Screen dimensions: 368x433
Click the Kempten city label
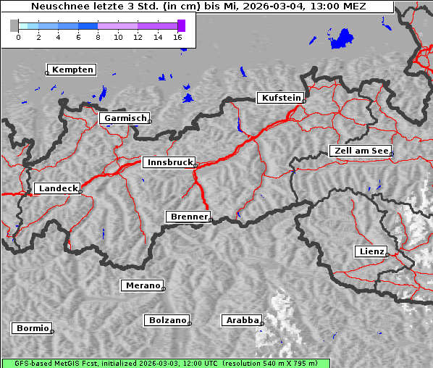pyautogui.click(x=72, y=70)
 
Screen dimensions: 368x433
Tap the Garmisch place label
pyautogui.click(x=125, y=118)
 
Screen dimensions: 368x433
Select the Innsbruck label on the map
pyautogui.click(x=169, y=163)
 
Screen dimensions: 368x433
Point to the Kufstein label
pyautogui.click(x=281, y=98)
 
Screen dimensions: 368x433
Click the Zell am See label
pyautogui.click(x=361, y=151)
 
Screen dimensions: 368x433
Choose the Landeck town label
pyautogui.click(x=57, y=188)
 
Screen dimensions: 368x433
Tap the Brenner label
pyautogui.click(x=189, y=217)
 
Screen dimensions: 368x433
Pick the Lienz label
pyautogui.click(x=371, y=251)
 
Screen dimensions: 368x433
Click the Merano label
pyautogui.click(x=142, y=285)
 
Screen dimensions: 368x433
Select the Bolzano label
pyautogui.click(x=167, y=320)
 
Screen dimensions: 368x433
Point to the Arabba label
pyautogui.click(x=241, y=320)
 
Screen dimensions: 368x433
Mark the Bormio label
pyautogui.click(x=32, y=328)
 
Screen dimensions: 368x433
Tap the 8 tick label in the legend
pyautogui.click(x=98, y=37)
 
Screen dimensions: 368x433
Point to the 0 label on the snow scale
pyautogui.click(x=18, y=37)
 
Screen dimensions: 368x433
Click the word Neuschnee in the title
pyautogui.click(x=55, y=7)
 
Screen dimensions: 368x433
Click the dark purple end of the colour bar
pyautogui.click(x=181, y=25)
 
